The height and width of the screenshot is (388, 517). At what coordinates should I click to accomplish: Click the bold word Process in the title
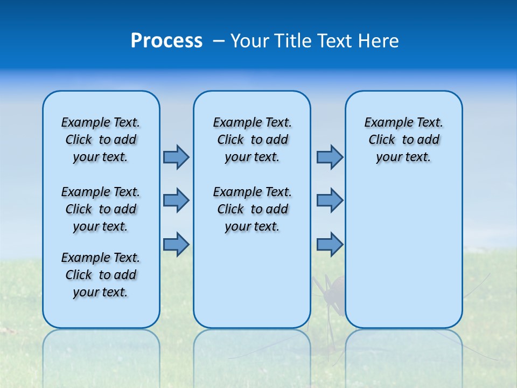[x=166, y=41]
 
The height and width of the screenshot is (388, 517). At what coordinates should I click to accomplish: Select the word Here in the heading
[x=379, y=41]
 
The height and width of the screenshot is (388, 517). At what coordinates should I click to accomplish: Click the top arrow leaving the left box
[x=176, y=157]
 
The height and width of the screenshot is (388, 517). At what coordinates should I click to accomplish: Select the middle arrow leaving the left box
[x=176, y=200]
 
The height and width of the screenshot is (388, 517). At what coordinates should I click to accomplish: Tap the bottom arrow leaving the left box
[x=176, y=244]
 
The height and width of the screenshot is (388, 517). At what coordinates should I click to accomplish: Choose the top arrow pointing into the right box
[x=330, y=157]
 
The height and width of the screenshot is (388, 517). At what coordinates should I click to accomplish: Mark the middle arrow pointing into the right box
[x=330, y=200]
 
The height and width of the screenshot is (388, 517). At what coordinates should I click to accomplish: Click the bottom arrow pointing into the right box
[x=330, y=244]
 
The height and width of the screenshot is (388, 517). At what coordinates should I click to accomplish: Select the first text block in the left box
[x=101, y=140]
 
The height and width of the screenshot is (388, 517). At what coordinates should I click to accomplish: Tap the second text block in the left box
[x=101, y=209]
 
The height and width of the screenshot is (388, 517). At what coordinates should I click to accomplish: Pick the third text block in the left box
[x=101, y=275]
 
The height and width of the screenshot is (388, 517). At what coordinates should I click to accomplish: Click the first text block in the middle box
[x=252, y=140]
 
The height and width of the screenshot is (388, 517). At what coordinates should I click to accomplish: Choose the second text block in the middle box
[x=252, y=209]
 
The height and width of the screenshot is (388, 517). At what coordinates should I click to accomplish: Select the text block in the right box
[x=403, y=140]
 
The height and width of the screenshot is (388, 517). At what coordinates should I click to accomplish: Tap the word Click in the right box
[x=382, y=140]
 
